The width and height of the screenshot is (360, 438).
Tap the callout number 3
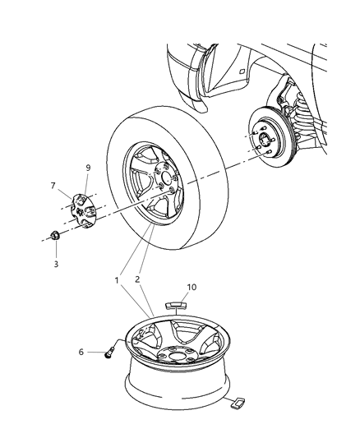(x=55, y=264)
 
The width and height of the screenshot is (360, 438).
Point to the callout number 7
(x=53, y=187)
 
